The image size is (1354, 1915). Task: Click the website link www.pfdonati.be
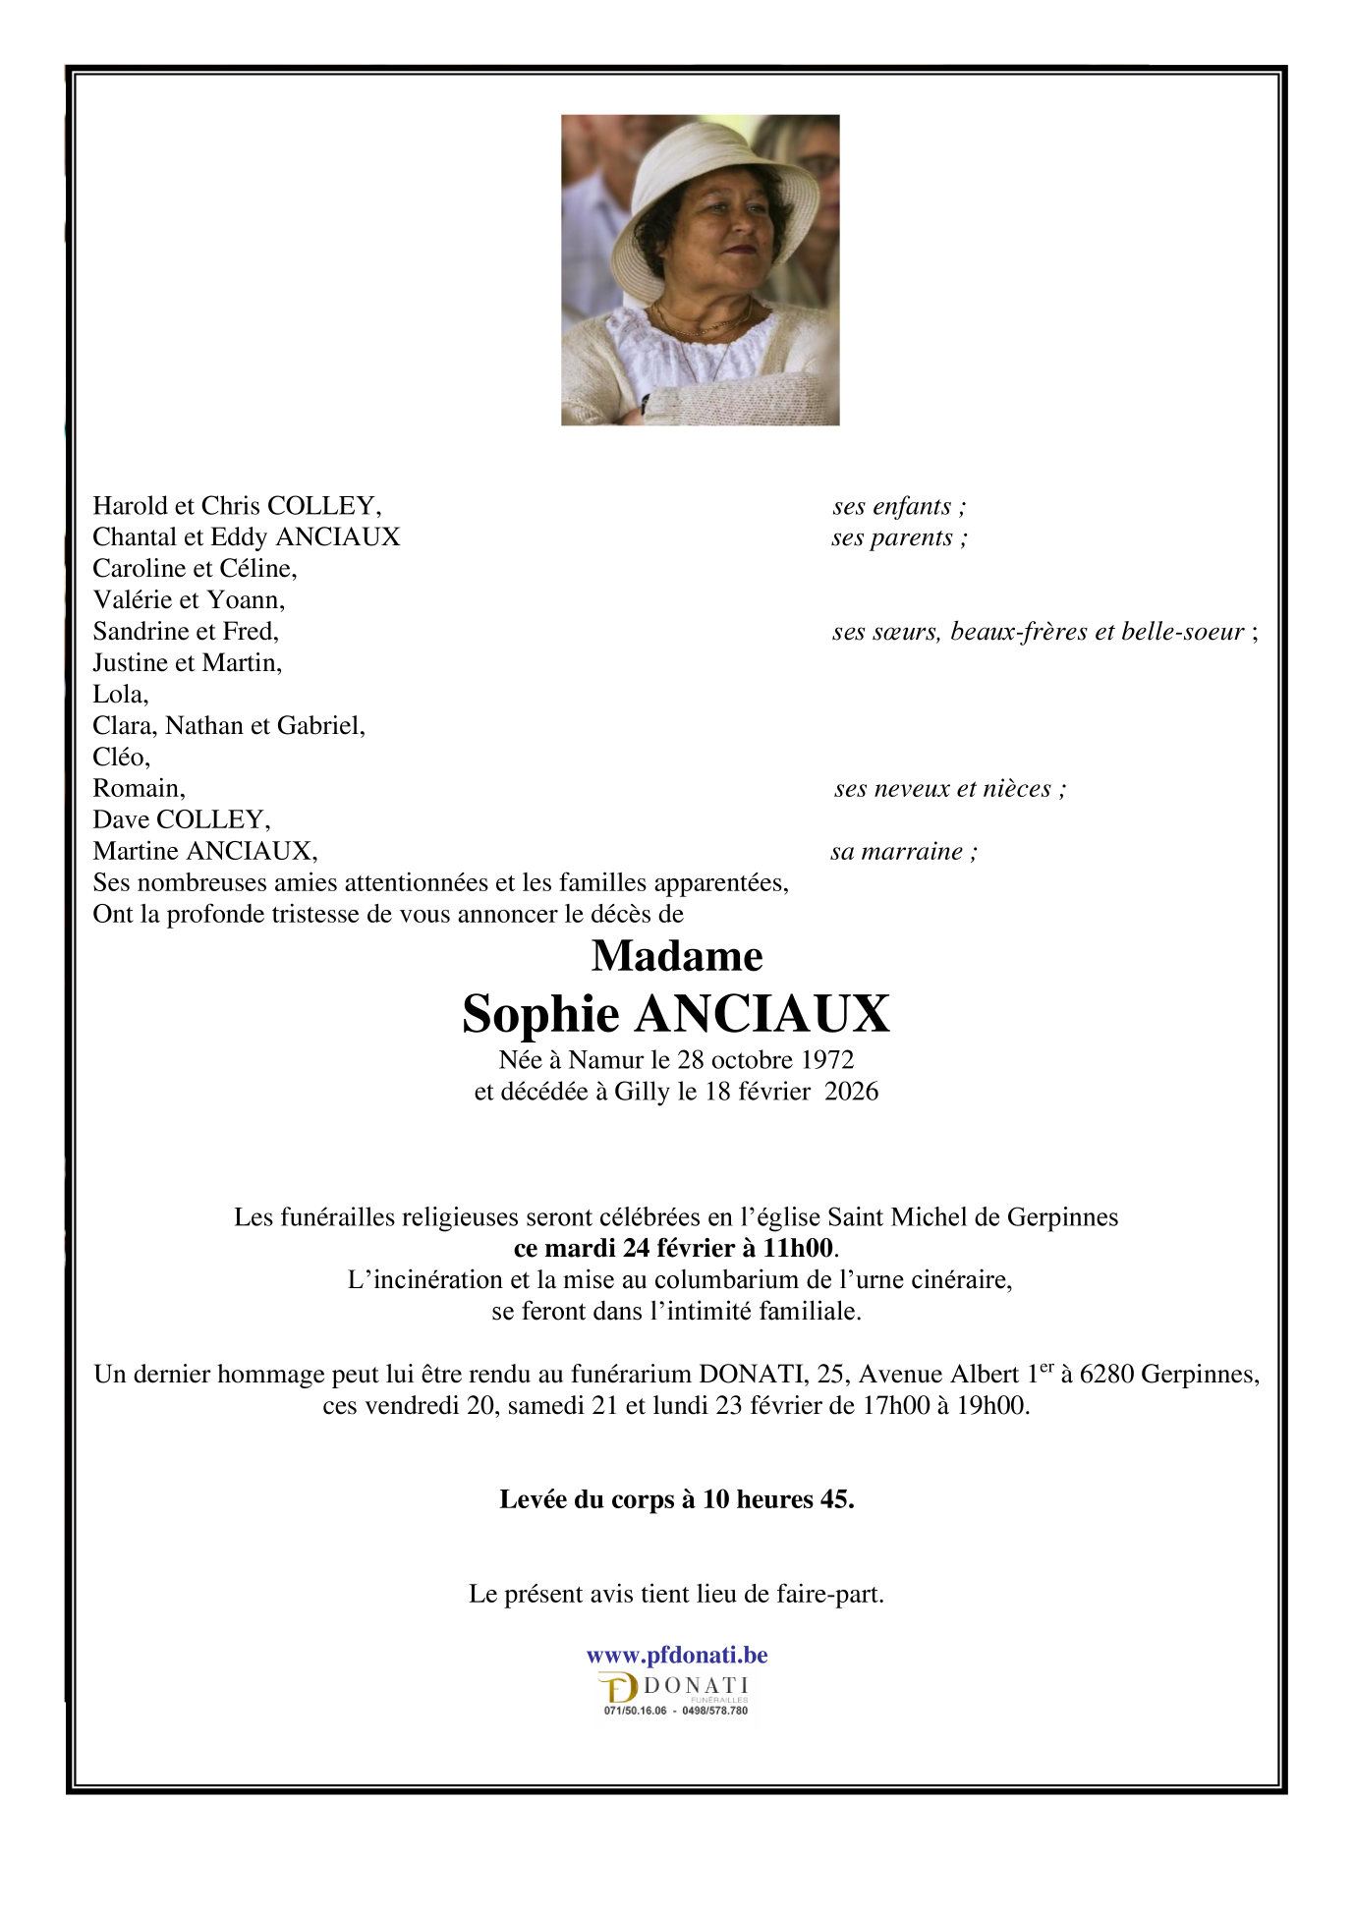677,1655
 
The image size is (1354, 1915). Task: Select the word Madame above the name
677,956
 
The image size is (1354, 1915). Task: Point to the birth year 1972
827,1060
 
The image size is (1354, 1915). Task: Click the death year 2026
851,1092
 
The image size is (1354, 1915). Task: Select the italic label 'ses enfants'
897,507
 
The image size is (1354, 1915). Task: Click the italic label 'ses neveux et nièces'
948,789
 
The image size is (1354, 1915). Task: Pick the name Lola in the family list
119,695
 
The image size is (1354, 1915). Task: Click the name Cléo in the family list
120,758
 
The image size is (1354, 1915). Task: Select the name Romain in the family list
138,789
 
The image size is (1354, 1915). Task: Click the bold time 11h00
798,1249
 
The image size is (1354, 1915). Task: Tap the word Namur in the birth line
605,1060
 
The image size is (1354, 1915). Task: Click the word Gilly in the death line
642,1092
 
